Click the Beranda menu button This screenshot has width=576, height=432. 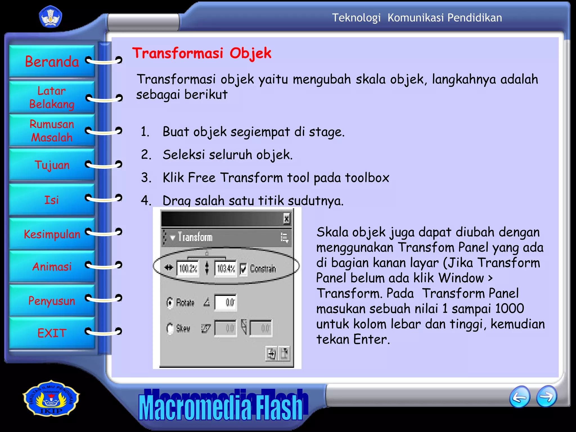(52, 61)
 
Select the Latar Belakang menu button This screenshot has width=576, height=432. (52, 97)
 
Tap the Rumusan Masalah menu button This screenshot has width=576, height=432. (52, 131)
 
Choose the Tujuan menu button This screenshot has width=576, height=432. (52, 165)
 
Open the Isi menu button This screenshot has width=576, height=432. (52, 200)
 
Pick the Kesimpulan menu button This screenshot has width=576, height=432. (52, 234)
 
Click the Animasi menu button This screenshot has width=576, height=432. (52, 267)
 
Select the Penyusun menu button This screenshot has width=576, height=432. (52, 301)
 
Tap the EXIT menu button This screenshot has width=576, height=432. (52, 333)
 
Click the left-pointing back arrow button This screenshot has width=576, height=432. (519, 397)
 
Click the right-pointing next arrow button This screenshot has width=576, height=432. (546, 397)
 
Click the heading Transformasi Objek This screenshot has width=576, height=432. (202, 53)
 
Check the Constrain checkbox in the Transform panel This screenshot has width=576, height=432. (244, 269)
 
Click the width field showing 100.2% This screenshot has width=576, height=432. (188, 269)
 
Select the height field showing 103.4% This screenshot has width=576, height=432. (226, 269)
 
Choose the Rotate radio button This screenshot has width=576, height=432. (170, 303)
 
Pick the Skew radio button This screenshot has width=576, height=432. (170, 328)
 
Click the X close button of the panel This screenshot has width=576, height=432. (286, 219)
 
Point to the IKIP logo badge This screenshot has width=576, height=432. (51, 399)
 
